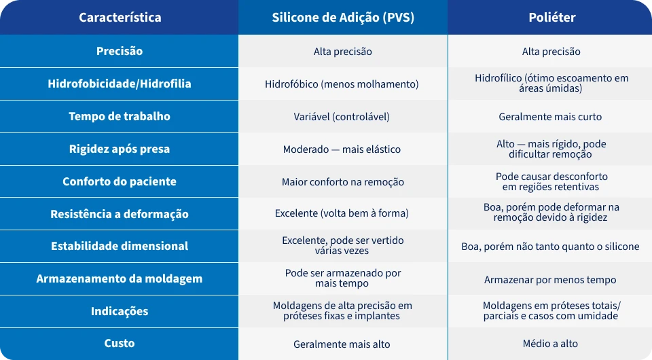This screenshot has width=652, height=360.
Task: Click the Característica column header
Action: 120,18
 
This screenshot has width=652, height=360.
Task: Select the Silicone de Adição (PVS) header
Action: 342,18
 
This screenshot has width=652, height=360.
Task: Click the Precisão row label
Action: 120,51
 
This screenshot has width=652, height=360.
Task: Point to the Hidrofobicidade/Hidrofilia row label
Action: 120,84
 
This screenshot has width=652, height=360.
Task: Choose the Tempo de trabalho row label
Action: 120,116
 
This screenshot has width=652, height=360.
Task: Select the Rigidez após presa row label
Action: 120,149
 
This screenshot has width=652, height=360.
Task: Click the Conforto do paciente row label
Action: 120,181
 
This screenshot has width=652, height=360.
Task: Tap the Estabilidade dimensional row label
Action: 120,246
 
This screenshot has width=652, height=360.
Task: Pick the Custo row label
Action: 120,344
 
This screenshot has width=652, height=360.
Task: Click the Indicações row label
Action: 120,311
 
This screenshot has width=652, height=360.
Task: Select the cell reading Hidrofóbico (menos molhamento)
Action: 342,84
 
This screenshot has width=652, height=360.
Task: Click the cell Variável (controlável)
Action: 342,117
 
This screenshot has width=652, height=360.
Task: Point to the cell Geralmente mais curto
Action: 550,117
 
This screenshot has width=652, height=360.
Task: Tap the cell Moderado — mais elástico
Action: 342,149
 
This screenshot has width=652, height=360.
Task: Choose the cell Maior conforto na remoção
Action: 343,182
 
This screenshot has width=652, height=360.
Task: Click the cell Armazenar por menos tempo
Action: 550,280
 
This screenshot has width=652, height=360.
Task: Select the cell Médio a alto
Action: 550,344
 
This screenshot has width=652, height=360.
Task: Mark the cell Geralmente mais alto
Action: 342,344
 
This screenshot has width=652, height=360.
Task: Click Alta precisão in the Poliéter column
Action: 551,52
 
